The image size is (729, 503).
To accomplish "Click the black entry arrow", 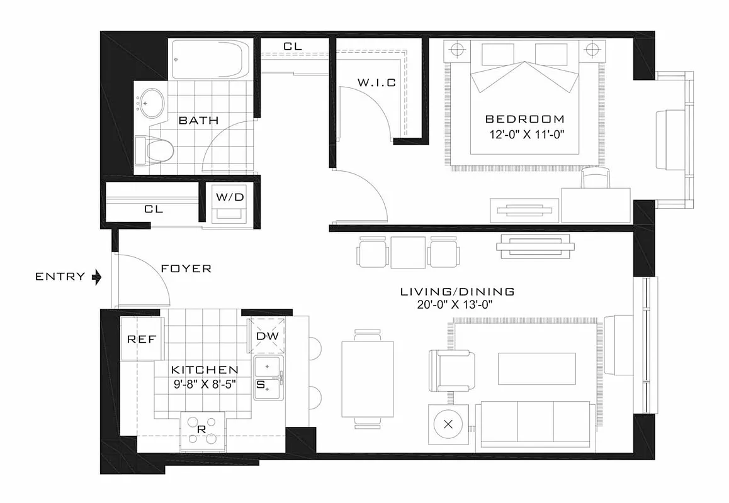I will pyautogui.click(x=96, y=277).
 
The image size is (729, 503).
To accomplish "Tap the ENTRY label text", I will pyautogui.click(x=60, y=277).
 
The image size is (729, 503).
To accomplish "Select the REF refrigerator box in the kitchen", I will pyautogui.click(x=142, y=339).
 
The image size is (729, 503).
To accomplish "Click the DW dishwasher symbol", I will pyautogui.click(x=268, y=336).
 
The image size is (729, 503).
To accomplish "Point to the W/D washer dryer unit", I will pyautogui.click(x=230, y=204).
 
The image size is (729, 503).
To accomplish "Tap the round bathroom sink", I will pyautogui.click(x=151, y=101).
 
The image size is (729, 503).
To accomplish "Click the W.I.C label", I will pyautogui.click(x=376, y=82).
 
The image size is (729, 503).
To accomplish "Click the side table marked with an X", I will pyautogui.click(x=448, y=424).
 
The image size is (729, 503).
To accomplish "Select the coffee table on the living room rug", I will pyautogui.click(x=536, y=368).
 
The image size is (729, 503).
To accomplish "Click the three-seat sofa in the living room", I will pyautogui.click(x=535, y=424).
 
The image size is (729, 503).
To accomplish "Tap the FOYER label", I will pyautogui.click(x=186, y=268).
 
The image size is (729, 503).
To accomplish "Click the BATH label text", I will pyautogui.click(x=199, y=120).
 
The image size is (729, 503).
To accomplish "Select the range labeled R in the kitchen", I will pyautogui.click(x=203, y=430).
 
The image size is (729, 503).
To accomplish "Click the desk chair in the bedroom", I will pyautogui.click(x=595, y=179).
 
